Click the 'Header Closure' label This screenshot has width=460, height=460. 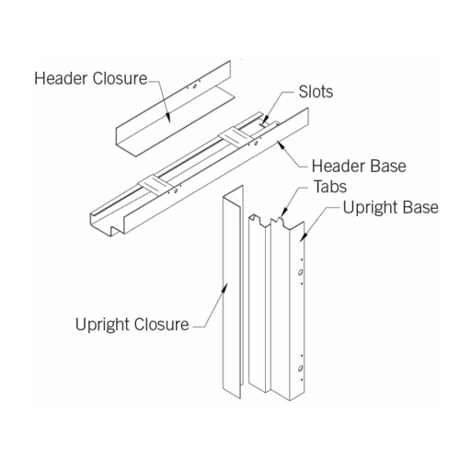point(91,78)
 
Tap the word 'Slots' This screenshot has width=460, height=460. point(316,92)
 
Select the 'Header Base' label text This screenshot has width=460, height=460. point(359,167)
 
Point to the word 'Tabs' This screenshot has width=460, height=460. point(330,187)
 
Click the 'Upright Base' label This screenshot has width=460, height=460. point(391,209)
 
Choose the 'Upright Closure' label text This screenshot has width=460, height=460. point(132,325)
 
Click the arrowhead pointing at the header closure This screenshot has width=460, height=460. point(167,117)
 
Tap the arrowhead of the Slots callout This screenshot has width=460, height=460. point(265,120)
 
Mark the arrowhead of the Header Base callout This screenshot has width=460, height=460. point(281,144)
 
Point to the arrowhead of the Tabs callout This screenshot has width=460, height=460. point(283,213)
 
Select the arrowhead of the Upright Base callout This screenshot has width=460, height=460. point(303,237)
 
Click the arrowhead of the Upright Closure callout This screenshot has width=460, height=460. point(224,288)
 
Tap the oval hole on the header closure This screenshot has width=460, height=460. point(194,86)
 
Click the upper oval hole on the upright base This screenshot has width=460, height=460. point(301,272)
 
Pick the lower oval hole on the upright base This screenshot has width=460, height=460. point(301,368)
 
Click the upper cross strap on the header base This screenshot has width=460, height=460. point(234,137)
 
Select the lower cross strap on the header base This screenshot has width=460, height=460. point(154,185)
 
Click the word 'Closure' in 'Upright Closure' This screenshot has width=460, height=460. point(161,325)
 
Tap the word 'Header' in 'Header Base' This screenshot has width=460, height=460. point(334,167)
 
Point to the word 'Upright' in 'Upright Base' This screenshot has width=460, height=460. point(370,209)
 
